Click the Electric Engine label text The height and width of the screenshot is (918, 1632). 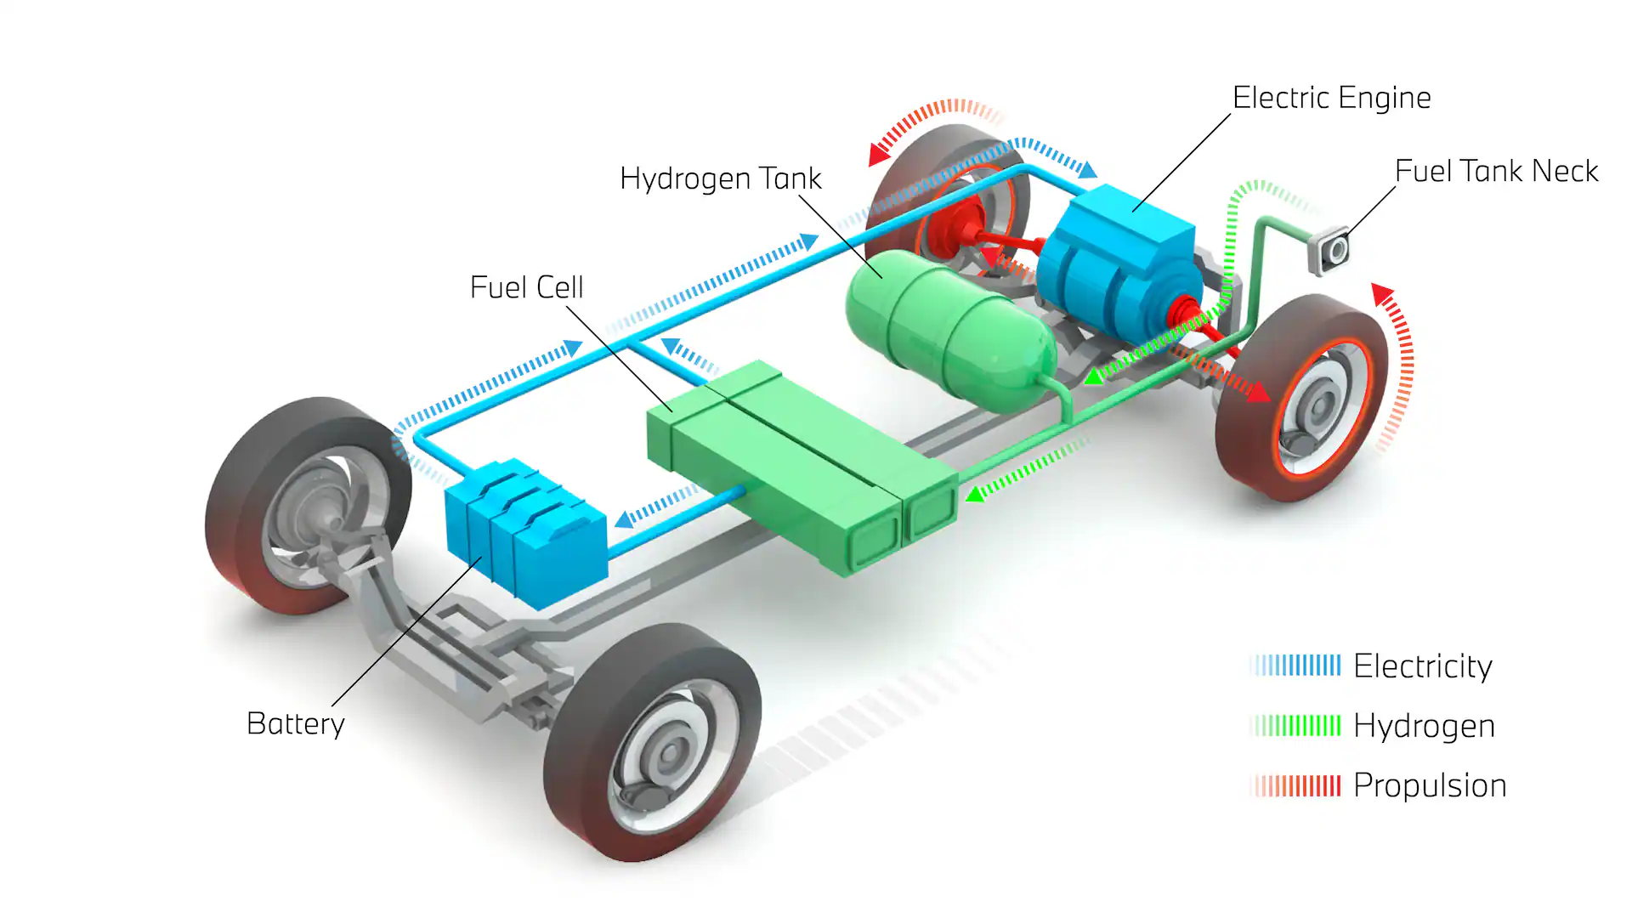pyautogui.click(x=1331, y=98)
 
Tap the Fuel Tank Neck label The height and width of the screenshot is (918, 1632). pyautogui.click(x=1496, y=171)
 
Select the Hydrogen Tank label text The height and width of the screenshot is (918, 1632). pyautogui.click(x=720, y=178)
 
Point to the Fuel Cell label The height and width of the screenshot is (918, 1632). pyautogui.click(x=526, y=287)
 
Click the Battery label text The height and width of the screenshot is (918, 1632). pyautogui.click(x=295, y=724)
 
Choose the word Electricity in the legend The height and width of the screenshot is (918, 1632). pyautogui.click(x=1422, y=666)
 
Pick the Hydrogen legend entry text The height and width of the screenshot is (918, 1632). pyautogui.click(x=1424, y=726)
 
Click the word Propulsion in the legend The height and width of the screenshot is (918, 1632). pyautogui.click(x=1429, y=785)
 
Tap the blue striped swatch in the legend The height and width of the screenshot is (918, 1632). pyautogui.click(x=1295, y=666)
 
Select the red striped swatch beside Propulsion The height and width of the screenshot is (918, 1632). pyautogui.click(x=1295, y=785)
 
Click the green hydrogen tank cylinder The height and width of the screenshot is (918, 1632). pyautogui.click(x=948, y=327)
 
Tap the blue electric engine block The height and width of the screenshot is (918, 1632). pyautogui.click(x=1118, y=263)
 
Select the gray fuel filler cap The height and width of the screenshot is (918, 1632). pyautogui.click(x=1331, y=250)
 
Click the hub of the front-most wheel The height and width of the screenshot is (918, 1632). pyautogui.click(x=670, y=753)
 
